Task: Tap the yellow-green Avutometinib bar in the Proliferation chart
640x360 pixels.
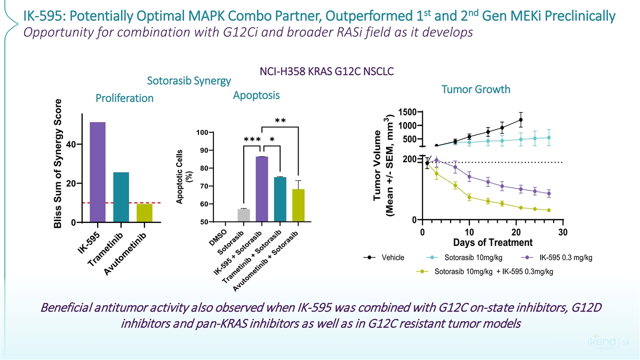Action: click(x=144, y=212)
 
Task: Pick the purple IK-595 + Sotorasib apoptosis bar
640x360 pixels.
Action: click(x=262, y=189)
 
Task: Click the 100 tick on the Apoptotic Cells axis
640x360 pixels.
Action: click(x=202, y=132)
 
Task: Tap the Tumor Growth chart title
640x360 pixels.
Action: click(x=476, y=90)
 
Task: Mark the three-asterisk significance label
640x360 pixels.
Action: click(x=252, y=140)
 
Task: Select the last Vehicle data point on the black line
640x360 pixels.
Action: click(x=521, y=119)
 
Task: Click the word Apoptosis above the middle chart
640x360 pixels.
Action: click(x=257, y=96)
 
